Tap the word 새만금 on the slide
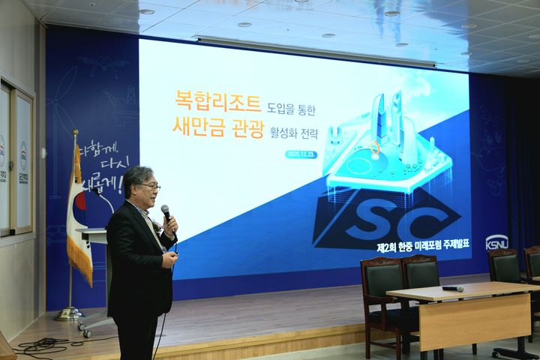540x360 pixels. [x=199, y=128]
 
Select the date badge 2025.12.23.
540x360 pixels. [x=301, y=154]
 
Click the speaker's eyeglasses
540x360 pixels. [x=148, y=186]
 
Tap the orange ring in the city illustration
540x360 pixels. [x=374, y=149]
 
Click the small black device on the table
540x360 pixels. [x=452, y=288]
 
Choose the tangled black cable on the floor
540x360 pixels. [x=41, y=346]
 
